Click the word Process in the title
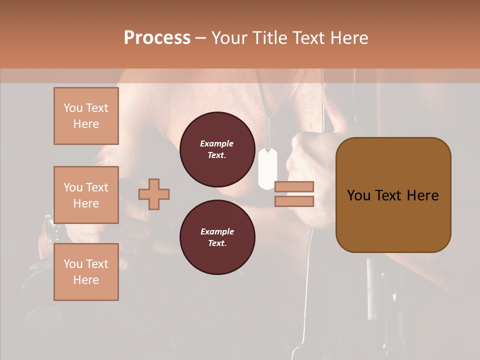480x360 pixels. pyautogui.click(x=157, y=38)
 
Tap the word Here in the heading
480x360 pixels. pyautogui.click(x=348, y=38)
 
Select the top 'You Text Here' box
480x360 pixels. pyautogui.click(x=86, y=116)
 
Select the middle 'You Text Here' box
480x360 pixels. pyautogui.click(x=86, y=195)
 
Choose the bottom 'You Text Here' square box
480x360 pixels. pyautogui.click(x=86, y=272)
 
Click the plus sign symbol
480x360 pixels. pyautogui.click(x=154, y=194)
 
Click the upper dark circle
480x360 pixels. pyautogui.click(x=217, y=149)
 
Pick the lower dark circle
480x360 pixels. pyautogui.click(x=217, y=237)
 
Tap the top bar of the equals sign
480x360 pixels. pyautogui.click(x=294, y=186)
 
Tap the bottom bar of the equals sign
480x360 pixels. pyautogui.click(x=294, y=201)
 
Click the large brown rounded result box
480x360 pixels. pyautogui.click(x=393, y=195)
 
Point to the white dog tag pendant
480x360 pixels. pyautogui.click(x=267, y=168)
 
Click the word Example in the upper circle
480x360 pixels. pyautogui.click(x=217, y=143)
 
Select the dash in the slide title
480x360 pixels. pyautogui.click(x=201, y=38)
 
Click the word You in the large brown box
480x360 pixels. pyautogui.click(x=358, y=195)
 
